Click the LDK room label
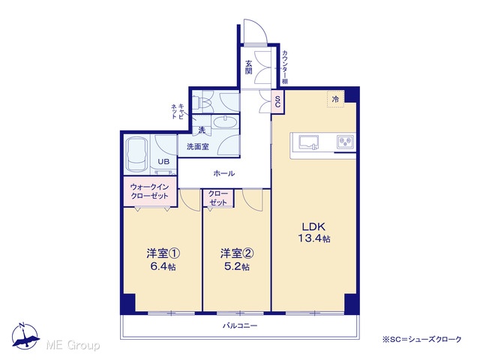click(x=313, y=226)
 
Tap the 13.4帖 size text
click(x=314, y=238)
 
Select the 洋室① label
click(x=163, y=253)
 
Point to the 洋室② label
click(x=237, y=253)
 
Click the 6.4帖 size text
click(x=163, y=267)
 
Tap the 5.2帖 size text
click(x=237, y=267)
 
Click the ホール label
click(x=223, y=173)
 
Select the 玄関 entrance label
click(x=248, y=67)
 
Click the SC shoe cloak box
click(x=277, y=102)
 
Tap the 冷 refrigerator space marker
click(x=335, y=99)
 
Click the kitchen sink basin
click(x=308, y=142)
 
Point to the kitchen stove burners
click(x=346, y=142)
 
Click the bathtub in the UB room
click(x=137, y=155)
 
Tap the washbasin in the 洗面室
click(x=225, y=122)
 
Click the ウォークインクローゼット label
click(x=149, y=191)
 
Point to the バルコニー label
click(x=240, y=325)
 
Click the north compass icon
click(x=25, y=336)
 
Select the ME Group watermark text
click(x=73, y=345)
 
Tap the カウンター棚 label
click(x=285, y=67)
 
